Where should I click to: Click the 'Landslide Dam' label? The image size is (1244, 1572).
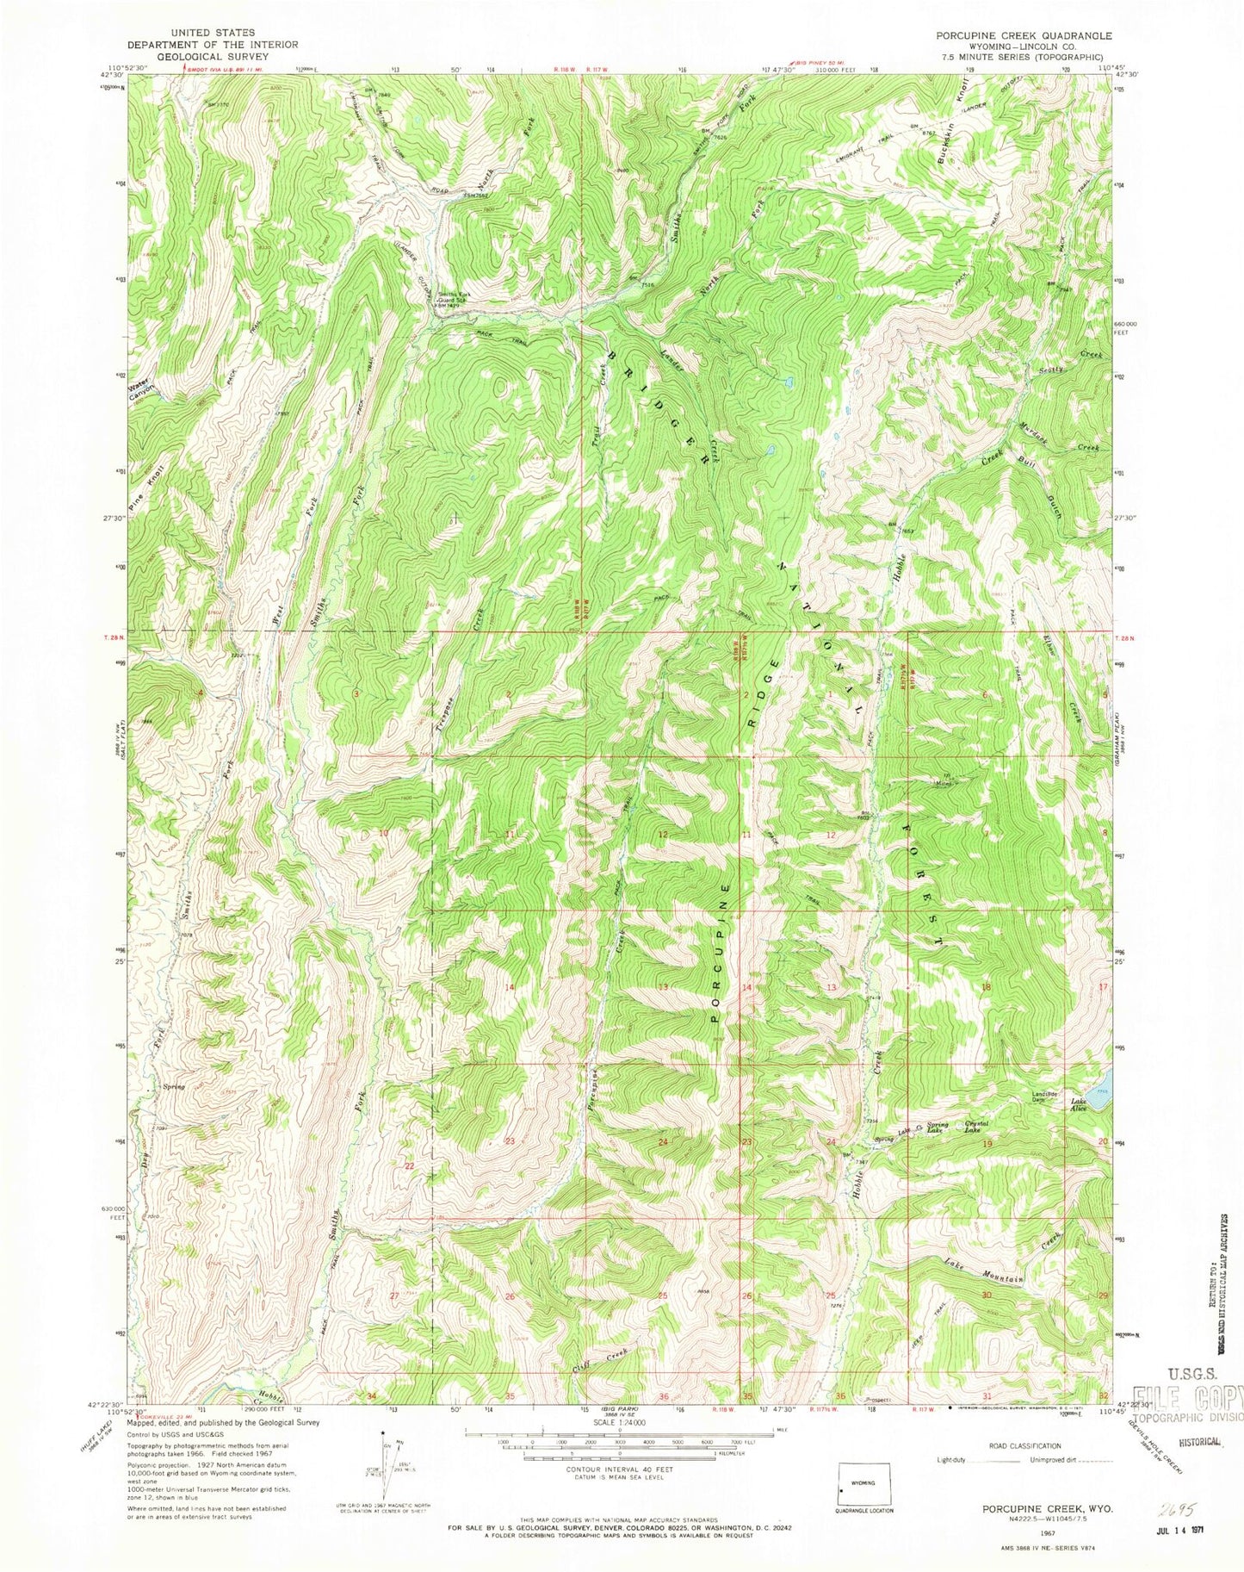point(1043,1098)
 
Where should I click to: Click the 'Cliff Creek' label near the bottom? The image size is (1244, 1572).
point(602,1362)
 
